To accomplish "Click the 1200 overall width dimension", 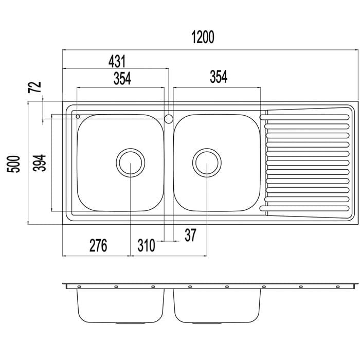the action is pos(203,37).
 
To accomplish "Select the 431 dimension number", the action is pos(117,62).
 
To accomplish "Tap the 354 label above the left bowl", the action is pos(122,79).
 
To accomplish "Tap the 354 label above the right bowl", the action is pos(219,77).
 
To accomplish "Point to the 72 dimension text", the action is pos(34,87).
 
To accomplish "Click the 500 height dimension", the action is pos(13,164).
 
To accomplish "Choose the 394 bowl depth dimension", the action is pos(39,163).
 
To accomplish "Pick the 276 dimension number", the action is pos(98,245).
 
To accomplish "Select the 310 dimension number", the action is pos(147,245).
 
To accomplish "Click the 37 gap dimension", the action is pos(191,236).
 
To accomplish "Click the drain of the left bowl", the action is pos(131,163).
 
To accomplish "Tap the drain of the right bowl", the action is pos(207,163).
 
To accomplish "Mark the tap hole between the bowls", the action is pos(169,119).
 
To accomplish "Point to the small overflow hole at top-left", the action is pos(78,117).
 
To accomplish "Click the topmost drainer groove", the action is pos(304,117).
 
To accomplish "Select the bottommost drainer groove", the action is pos(304,208).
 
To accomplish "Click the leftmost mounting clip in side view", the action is pos(79,287).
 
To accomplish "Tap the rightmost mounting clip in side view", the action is pos(338,287).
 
